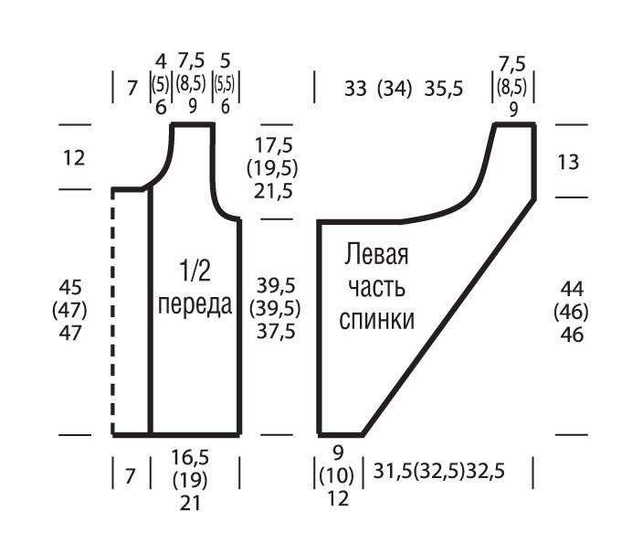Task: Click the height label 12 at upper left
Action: (x=74, y=158)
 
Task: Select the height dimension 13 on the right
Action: (x=568, y=162)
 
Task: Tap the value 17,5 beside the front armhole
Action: (x=273, y=144)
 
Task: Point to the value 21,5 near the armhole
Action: (x=273, y=191)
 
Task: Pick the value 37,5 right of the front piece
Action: (x=276, y=331)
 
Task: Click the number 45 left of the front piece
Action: (x=70, y=287)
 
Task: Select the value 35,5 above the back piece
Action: (x=443, y=89)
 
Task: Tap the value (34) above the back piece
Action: (x=395, y=89)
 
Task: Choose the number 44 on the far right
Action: (x=572, y=289)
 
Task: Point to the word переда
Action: (x=195, y=304)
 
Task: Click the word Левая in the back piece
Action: (x=376, y=254)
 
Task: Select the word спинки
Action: (x=376, y=320)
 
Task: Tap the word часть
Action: (x=376, y=288)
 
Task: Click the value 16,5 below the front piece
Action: (x=190, y=458)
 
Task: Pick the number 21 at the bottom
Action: (x=190, y=503)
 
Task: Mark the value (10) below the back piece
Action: (x=337, y=475)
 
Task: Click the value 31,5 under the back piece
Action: (x=393, y=471)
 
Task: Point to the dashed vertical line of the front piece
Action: (x=113, y=313)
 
